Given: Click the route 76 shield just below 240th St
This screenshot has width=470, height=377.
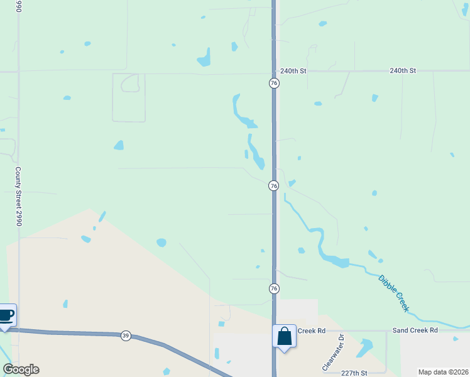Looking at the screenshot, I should click(x=274, y=84).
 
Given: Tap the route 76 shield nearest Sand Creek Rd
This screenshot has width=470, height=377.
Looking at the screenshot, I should click(x=274, y=288).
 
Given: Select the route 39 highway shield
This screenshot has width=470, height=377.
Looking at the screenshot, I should click(x=126, y=336).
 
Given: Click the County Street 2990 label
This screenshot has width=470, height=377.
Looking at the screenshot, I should click(x=19, y=197).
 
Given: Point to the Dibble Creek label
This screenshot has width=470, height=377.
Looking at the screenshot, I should click(x=394, y=293).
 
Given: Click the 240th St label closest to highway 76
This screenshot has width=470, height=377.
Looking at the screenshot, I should click(x=293, y=71).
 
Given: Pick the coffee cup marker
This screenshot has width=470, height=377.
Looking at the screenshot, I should click(x=6, y=315).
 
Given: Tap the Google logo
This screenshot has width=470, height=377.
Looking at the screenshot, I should click(x=21, y=369).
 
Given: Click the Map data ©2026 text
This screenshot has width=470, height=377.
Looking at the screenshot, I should click(x=443, y=372).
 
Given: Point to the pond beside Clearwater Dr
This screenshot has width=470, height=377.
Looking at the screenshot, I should click(x=364, y=347).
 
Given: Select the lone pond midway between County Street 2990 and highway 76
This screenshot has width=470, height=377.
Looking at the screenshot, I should click(x=161, y=243).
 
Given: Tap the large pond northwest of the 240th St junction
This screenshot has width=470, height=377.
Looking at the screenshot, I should click(x=204, y=58).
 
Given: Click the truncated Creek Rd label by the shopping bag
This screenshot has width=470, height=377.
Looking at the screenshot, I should click(x=311, y=331).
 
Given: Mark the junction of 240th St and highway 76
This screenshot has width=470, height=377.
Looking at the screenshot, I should click(x=274, y=72).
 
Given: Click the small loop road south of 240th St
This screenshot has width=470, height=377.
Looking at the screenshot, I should click(x=130, y=83).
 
